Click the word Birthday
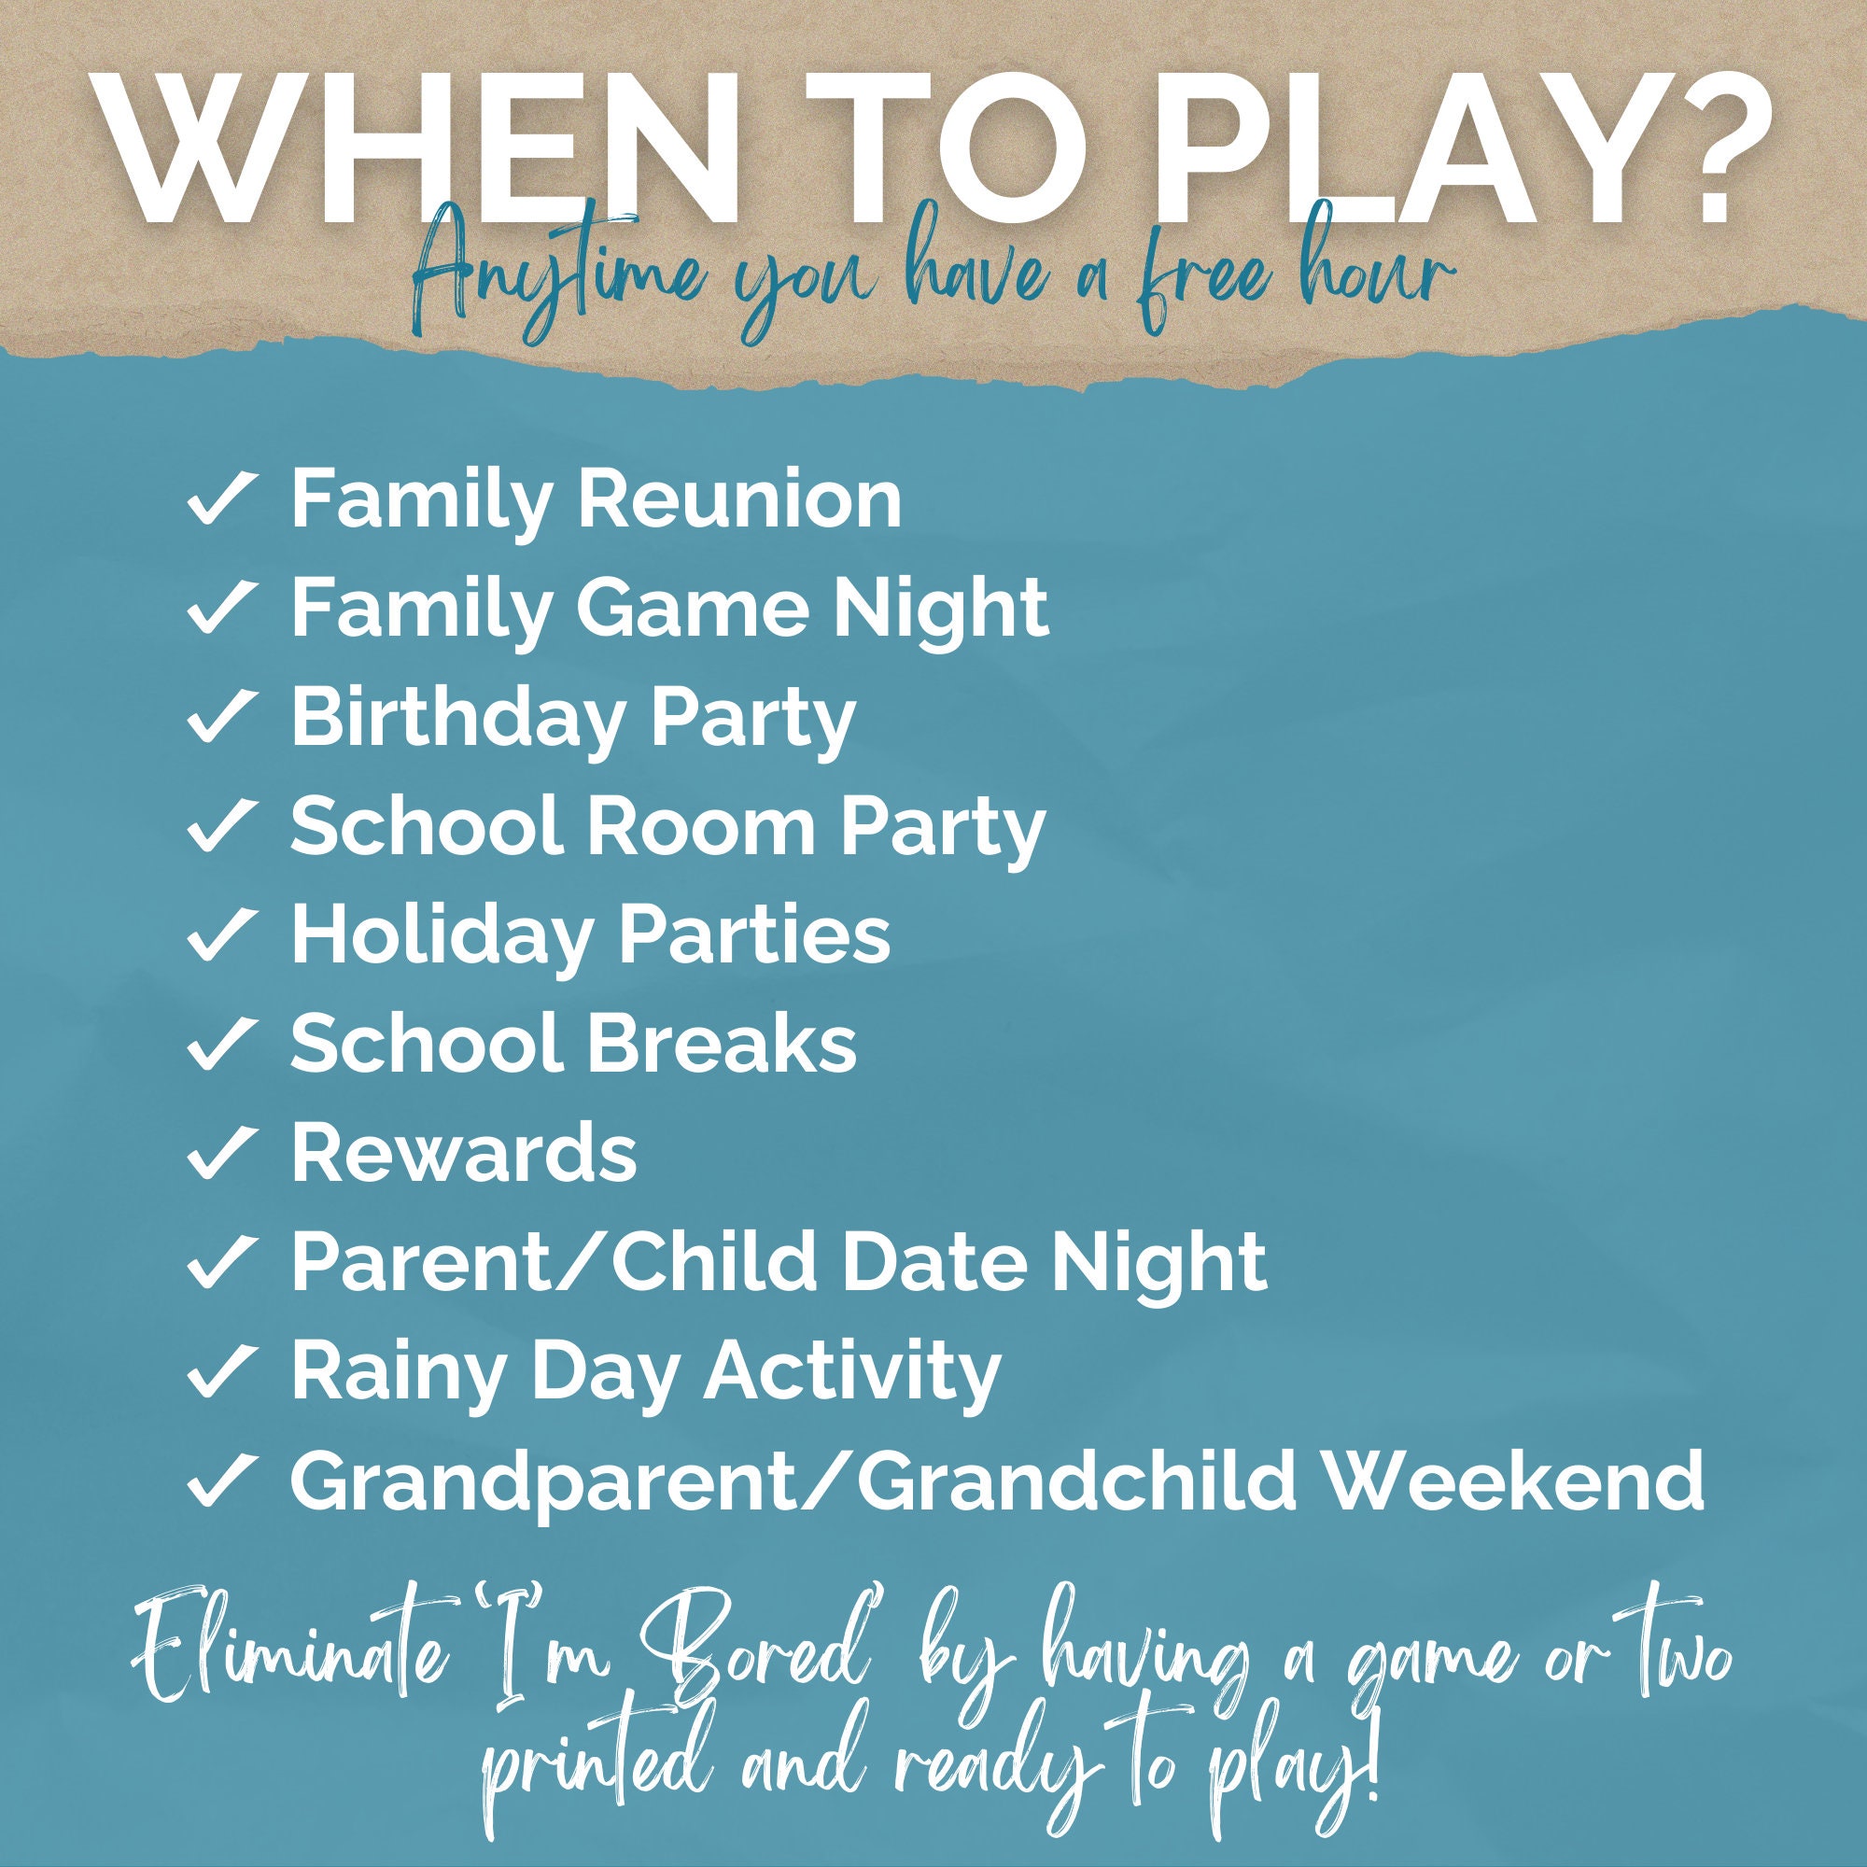(458, 719)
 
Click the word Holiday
(442, 937)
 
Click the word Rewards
(464, 1153)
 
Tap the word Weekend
(1514, 1481)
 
